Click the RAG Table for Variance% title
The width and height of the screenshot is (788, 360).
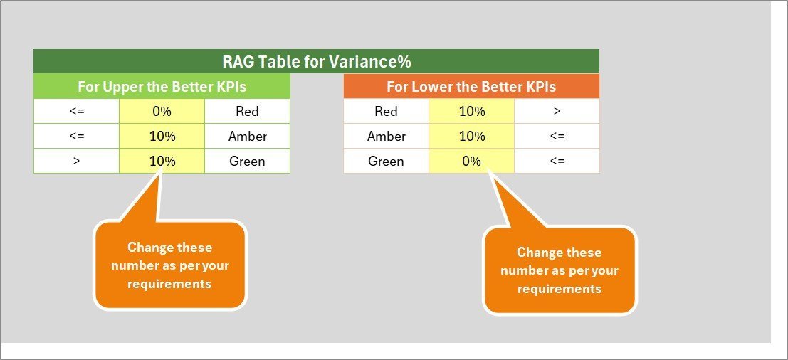[317, 62]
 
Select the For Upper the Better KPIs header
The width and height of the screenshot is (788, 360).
[162, 86]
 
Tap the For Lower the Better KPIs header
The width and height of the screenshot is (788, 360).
[471, 86]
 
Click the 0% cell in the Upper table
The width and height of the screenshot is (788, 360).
[162, 111]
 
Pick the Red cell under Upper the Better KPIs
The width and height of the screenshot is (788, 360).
[247, 111]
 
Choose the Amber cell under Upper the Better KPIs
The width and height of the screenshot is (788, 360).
[247, 136]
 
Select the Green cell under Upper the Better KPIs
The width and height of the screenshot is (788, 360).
[247, 162]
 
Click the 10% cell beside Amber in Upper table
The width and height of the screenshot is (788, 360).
[162, 136]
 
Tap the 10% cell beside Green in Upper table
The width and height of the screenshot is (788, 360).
[162, 162]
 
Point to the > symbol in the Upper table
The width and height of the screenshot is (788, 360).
[76, 162]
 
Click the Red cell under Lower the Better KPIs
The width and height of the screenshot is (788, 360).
[386, 111]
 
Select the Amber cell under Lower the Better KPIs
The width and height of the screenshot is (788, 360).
[386, 136]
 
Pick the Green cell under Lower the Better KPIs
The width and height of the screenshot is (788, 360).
[386, 162]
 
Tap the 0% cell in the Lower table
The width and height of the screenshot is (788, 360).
[471, 162]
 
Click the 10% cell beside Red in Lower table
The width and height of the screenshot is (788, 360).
[471, 111]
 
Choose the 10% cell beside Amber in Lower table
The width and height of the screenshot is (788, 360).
[471, 136]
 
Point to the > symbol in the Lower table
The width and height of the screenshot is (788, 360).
[557, 111]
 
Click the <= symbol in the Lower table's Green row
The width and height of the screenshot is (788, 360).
[557, 162]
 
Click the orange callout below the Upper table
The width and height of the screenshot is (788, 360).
[170, 265]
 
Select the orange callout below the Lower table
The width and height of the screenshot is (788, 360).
[560, 270]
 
